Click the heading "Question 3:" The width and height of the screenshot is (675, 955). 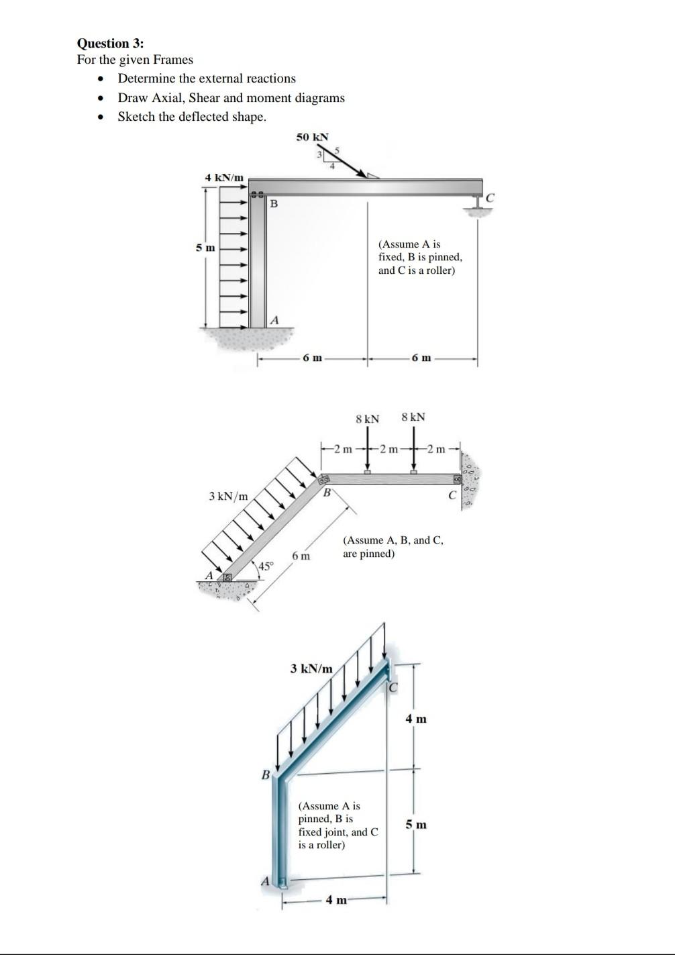(110, 44)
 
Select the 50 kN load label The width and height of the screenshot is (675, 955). (312, 137)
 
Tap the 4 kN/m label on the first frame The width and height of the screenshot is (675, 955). (223, 177)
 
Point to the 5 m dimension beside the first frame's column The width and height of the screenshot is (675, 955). (205, 248)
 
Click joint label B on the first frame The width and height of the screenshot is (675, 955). (273, 203)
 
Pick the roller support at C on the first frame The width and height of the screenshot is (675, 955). (477, 205)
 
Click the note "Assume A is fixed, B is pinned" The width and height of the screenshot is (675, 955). (419, 257)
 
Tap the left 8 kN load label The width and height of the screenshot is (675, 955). (367, 419)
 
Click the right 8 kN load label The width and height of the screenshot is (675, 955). (413, 417)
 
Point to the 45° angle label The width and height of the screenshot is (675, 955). (266, 566)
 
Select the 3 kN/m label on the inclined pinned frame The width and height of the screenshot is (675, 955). (228, 496)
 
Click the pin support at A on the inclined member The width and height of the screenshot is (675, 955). (227, 576)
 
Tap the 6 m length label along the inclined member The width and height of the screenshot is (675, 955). (301, 556)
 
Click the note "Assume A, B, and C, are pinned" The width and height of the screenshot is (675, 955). (393, 547)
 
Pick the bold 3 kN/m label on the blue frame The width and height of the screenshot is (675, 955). (311, 668)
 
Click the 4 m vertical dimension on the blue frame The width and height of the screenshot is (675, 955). (416, 719)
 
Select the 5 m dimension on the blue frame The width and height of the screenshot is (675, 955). (416, 824)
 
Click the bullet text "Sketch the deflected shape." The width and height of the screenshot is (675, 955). (192, 117)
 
